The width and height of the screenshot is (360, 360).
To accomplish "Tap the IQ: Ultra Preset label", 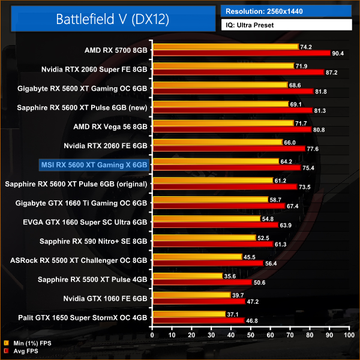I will (x=287, y=25).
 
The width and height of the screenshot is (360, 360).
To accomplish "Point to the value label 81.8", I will (x=322, y=91).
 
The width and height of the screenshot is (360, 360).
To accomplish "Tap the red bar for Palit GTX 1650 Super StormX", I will (x=199, y=320).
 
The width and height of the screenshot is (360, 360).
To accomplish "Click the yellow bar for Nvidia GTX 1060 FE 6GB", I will (x=191, y=295).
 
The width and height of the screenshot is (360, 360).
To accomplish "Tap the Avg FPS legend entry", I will (x=23, y=351).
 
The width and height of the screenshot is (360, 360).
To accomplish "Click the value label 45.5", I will (x=250, y=257).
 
